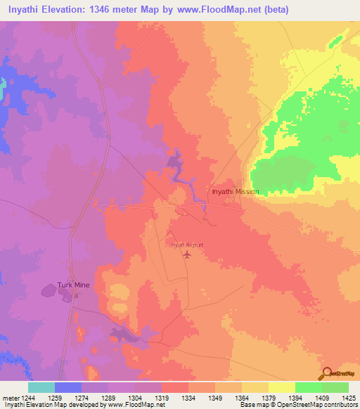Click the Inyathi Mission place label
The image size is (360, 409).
(x=235, y=191)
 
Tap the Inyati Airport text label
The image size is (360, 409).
(x=186, y=245)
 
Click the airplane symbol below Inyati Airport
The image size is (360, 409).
(x=186, y=254)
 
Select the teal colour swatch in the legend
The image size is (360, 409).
(x=41, y=387)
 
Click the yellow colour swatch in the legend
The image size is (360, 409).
(x=281, y=387)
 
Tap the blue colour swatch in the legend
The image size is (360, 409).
(x=68, y=387)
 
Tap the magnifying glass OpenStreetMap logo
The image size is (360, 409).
(x=326, y=373)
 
